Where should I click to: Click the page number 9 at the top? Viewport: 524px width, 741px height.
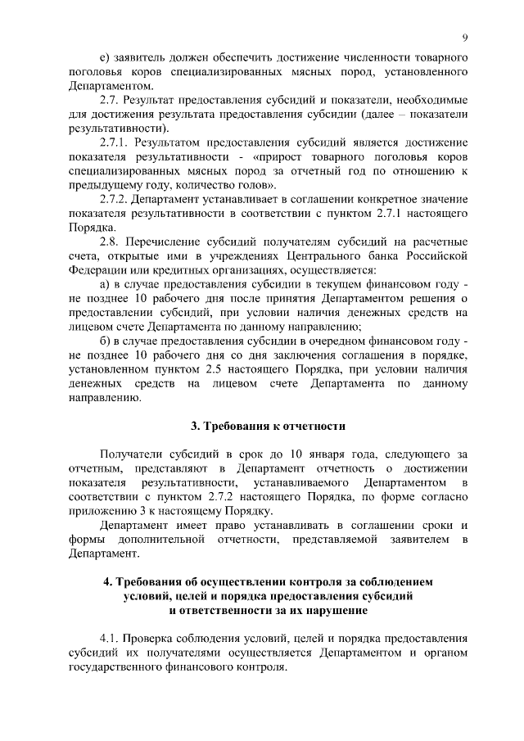(x=464, y=38)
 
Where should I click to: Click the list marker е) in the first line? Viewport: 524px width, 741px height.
(x=104, y=60)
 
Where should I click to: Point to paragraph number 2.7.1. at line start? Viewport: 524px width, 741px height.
(x=116, y=142)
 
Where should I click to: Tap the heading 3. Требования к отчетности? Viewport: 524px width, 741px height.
(x=268, y=427)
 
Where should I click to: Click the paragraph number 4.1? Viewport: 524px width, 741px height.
(x=111, y=638)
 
